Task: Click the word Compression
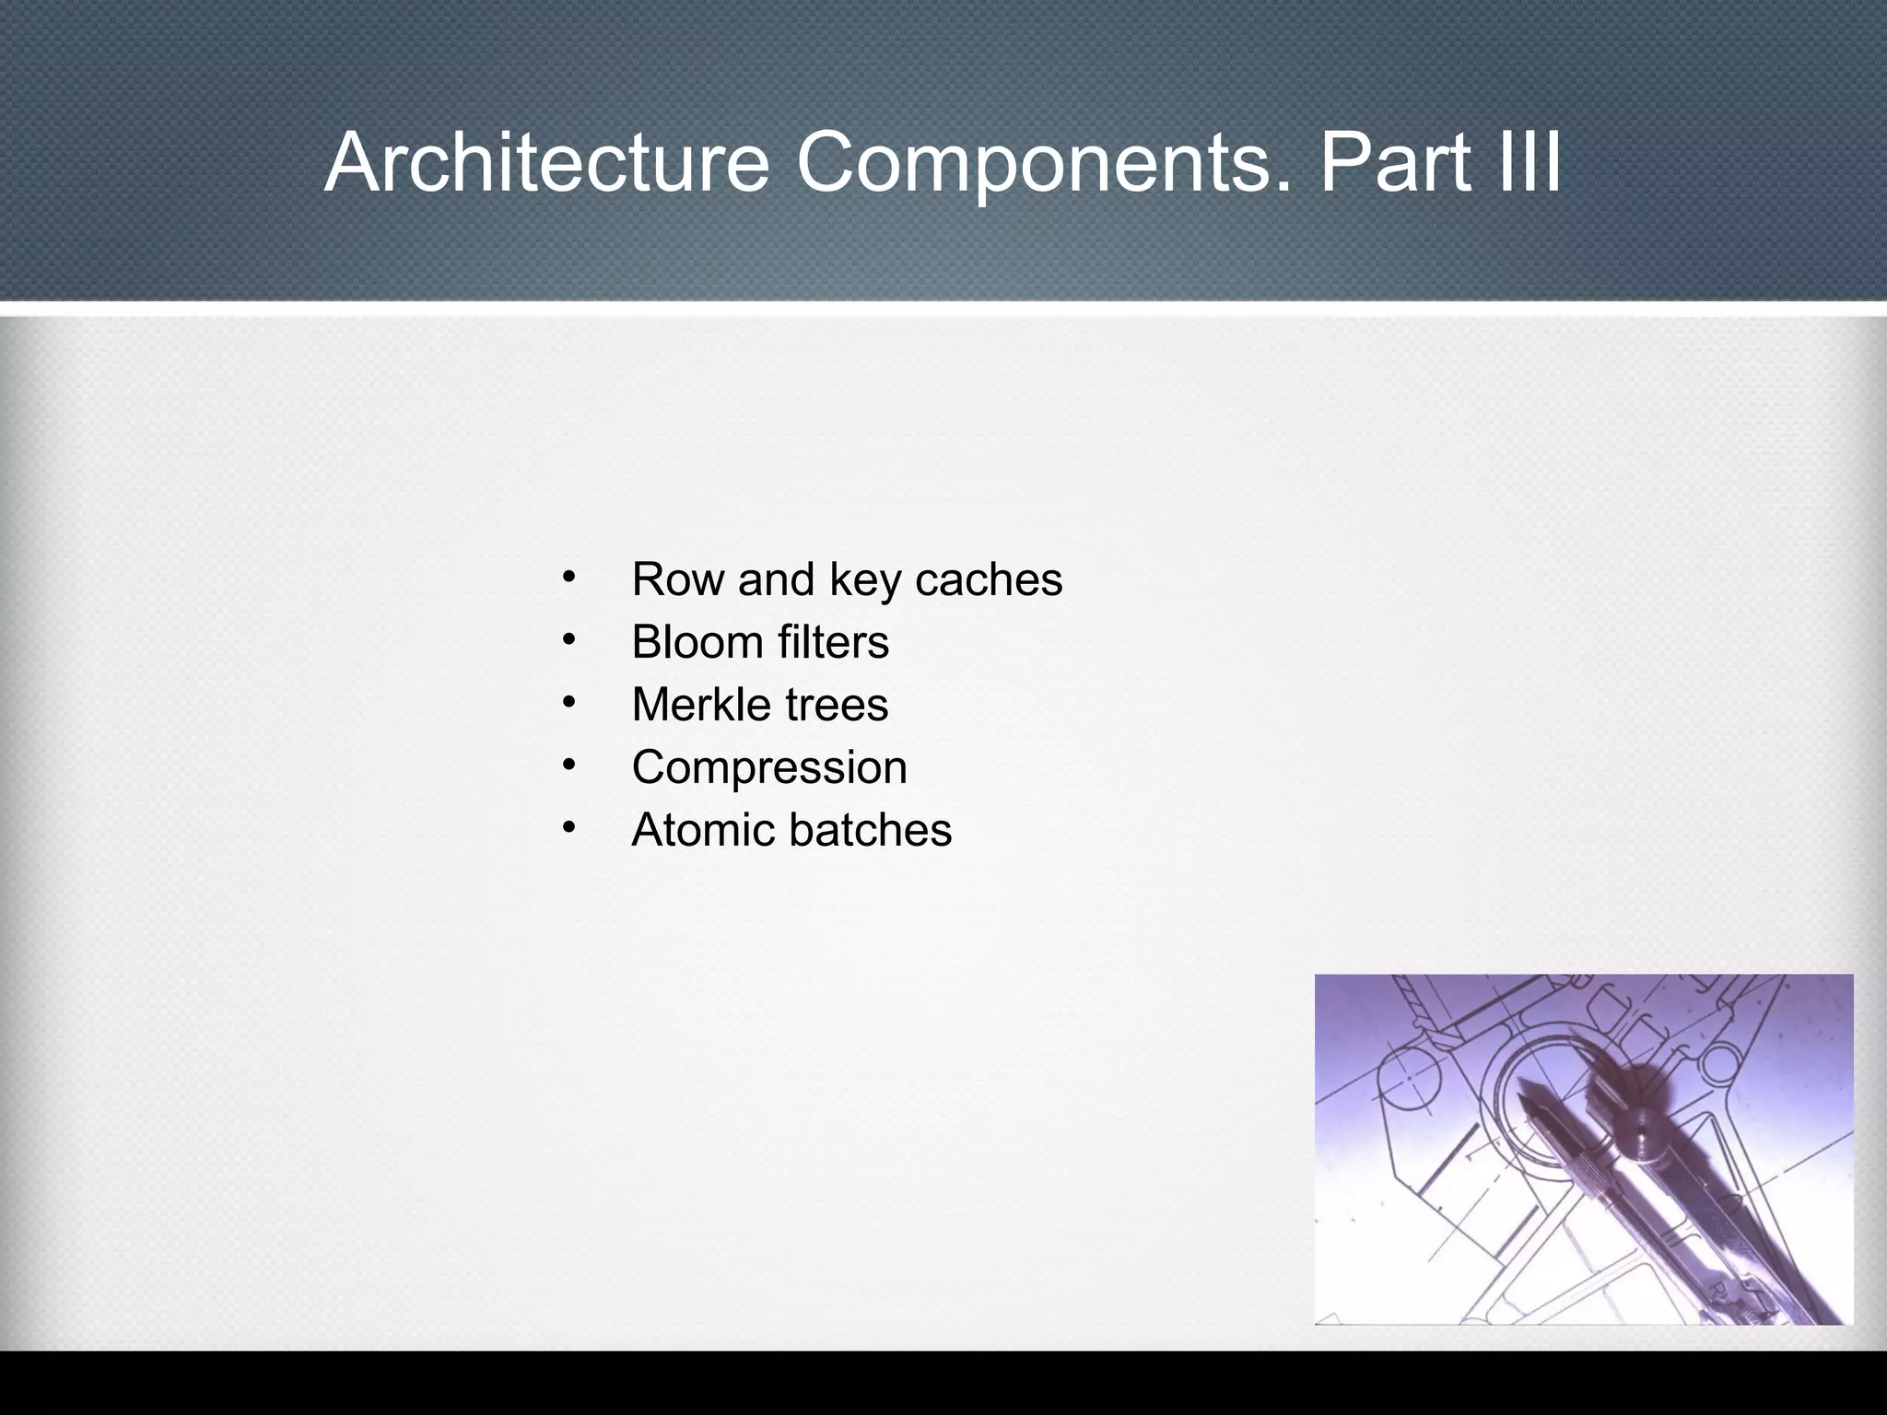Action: coord(769,767)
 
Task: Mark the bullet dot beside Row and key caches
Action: coord(568,579)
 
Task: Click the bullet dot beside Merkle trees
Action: coord(568,704)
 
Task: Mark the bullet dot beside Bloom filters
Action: coord(568,641)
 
